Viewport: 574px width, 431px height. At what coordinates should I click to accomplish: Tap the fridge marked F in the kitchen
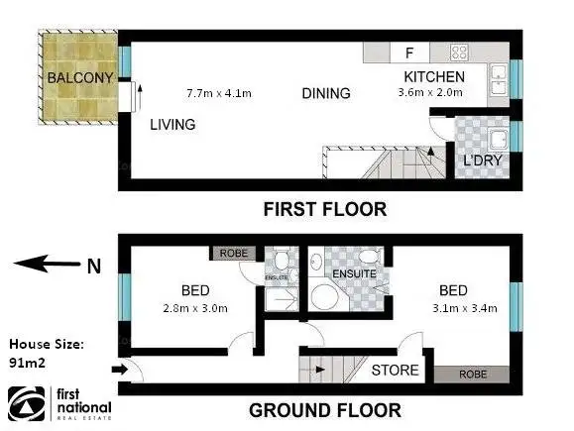(407, 53)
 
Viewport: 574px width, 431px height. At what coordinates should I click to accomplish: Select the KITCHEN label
(434, 76)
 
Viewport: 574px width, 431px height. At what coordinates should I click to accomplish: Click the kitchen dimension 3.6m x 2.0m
(434, 93)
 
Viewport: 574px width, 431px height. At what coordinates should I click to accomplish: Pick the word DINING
(326, 94)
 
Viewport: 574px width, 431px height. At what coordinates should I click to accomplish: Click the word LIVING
(172, 125)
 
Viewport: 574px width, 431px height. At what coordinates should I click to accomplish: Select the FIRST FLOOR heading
(324, 209)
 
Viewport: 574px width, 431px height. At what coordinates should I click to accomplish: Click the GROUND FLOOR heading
(324, 409)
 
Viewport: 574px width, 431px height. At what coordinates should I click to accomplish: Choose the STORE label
(395, 371)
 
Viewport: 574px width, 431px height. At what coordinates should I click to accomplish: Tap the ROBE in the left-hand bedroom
(233, 252)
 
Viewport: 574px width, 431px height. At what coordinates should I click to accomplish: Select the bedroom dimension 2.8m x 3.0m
(194, 308)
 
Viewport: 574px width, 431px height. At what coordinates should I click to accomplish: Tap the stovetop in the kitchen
(460, 53)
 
